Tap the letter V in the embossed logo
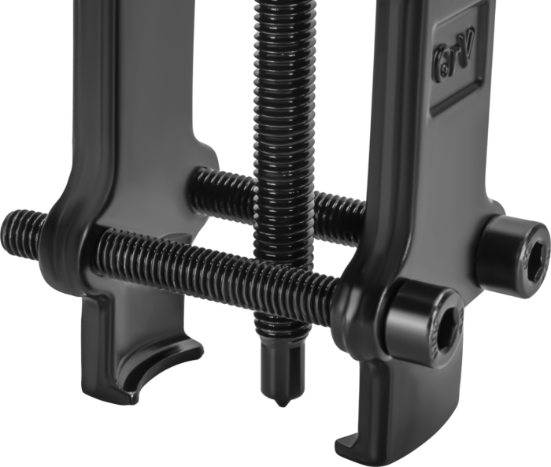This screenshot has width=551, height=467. [466, 46]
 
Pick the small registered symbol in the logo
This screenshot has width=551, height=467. [446, 69]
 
